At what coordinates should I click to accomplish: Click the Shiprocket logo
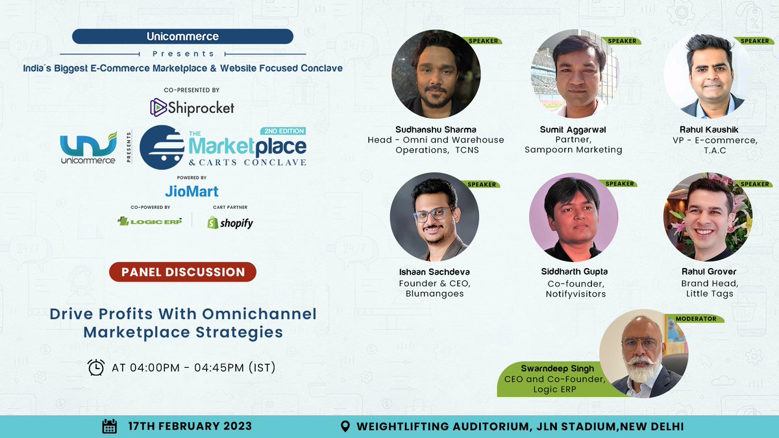192,107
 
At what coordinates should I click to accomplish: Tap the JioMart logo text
192,191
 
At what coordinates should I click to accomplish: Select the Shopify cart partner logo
230,223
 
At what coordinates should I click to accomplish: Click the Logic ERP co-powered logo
150,221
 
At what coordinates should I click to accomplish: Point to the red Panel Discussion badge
182,272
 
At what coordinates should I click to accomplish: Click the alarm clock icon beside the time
96,367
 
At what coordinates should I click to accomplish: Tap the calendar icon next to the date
110,426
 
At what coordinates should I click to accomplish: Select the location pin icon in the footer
346,426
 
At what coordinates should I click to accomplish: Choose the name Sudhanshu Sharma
436,129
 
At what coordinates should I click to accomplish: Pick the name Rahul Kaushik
709,129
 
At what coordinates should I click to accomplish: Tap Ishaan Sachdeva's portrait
434,216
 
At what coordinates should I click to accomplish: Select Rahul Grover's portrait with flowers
708,216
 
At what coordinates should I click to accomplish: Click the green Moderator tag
696,319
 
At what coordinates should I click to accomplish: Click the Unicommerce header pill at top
182,37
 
